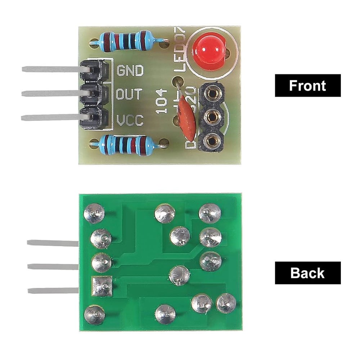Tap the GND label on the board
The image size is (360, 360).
130,70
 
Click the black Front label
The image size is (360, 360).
307,85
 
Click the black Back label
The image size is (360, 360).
307,273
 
